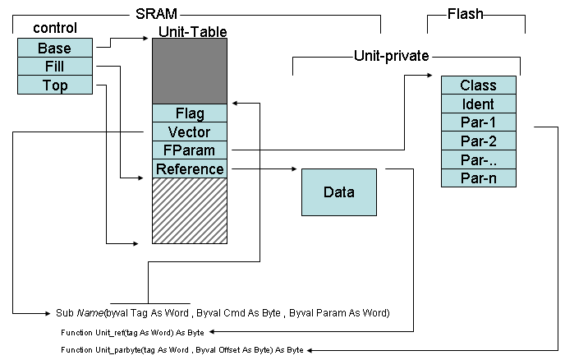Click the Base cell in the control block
(x=54, y=48)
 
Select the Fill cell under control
(x=54, y=67)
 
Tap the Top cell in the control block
(x=54, y=85)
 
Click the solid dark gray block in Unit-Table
(x=190, y=71)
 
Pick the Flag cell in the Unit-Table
(x=190, y=113)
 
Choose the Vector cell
(x=190, y=132)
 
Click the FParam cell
(x=190, y=150)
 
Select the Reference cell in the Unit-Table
(x=190, y=169)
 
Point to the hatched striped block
(x=190, y=210)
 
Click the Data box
(x=338, y=192)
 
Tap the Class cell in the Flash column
(x=478, y=85)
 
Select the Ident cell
(x=478, y=104)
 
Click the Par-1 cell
(x=478, y=122)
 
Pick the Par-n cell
(x=478, y=178)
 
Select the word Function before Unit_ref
(x=78, y=332)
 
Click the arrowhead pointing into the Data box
(x=294, y=169)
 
